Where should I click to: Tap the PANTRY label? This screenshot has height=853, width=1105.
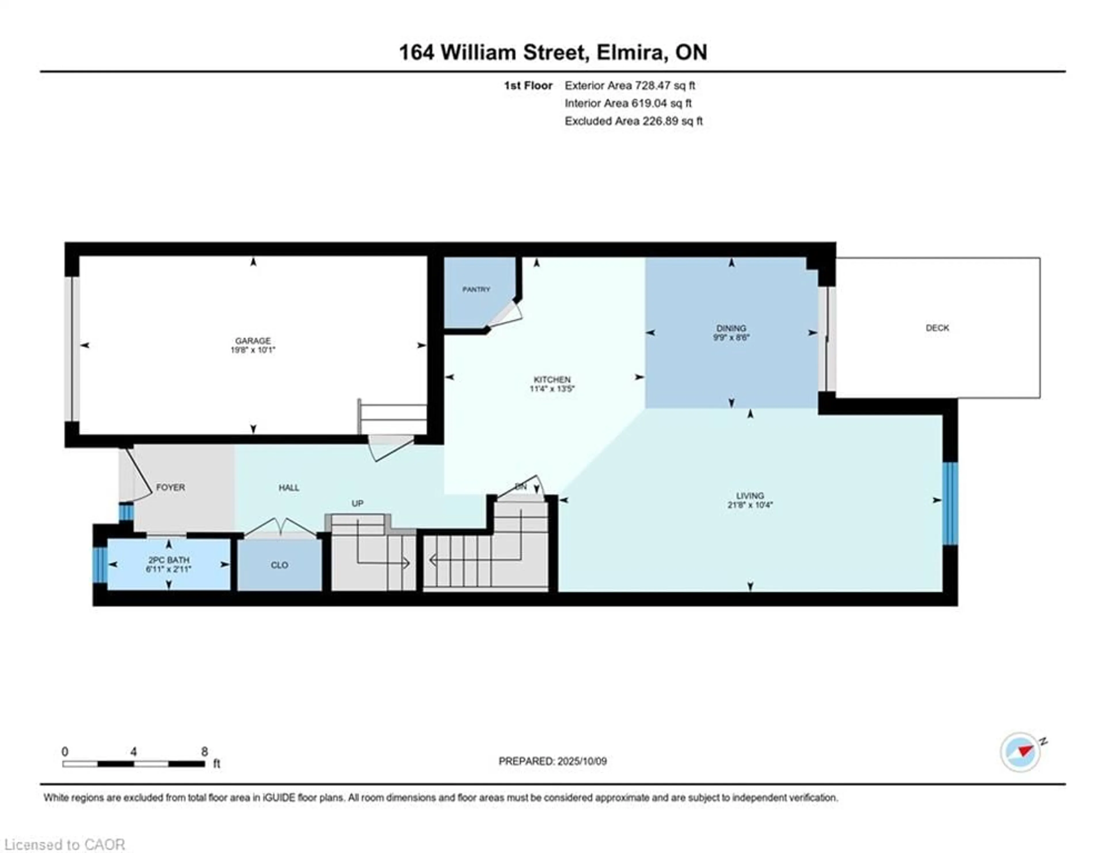[476, 290]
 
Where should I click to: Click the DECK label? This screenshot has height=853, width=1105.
[937, 328]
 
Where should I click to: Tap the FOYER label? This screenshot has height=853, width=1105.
[171, 487]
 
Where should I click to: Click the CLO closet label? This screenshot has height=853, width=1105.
[279, 565]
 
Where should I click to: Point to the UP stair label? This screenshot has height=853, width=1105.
[357, 503]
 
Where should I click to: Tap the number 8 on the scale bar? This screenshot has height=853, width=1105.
[204, 751]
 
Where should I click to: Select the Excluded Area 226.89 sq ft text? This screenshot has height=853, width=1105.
[633, 121]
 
